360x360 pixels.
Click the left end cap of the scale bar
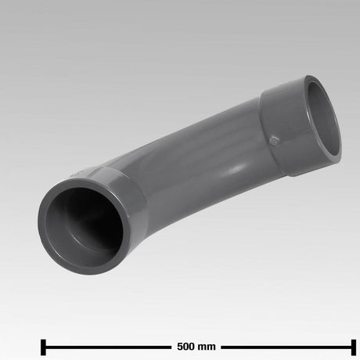(42, 346)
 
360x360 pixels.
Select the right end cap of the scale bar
(353, 346)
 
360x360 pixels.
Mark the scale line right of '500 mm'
(286, 346)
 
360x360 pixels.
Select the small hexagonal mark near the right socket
(274, 141)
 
